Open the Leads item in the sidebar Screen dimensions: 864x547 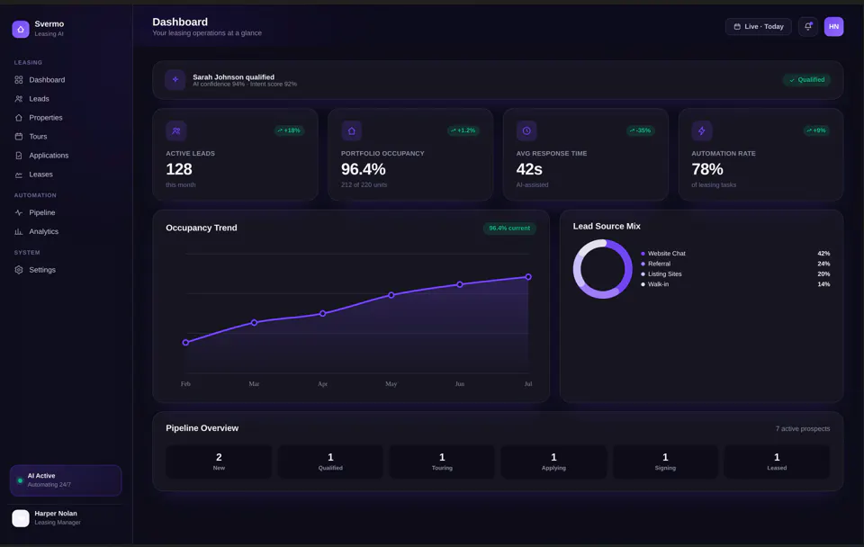(x=32, y=99)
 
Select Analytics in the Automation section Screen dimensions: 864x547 (x=36, y=231)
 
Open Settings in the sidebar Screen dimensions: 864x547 (x=35, y=270)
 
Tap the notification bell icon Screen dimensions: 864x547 (x=808, y=26)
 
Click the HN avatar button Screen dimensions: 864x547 (x=833, y=26)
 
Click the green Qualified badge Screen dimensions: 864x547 (x=806, y=80)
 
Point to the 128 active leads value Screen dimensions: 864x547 (x=179, y=169)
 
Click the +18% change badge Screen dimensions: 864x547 (x=289, y=130)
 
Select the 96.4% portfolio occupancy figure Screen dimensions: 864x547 (x=363, y=169)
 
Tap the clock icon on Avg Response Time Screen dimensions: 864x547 (x=526, y=130)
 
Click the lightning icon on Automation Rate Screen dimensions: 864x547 (x=701, y=130)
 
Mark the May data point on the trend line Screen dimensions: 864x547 (x=391, y=295)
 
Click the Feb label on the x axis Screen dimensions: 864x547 (x=185, y=384)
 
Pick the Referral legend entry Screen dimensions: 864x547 (x=656, y=264)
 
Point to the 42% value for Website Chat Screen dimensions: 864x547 (x=823, y=254)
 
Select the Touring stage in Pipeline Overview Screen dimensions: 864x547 (x=442, y=462)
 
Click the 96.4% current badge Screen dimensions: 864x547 (x=509, y=228)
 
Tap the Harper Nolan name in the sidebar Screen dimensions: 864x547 (x=56, y=514)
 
